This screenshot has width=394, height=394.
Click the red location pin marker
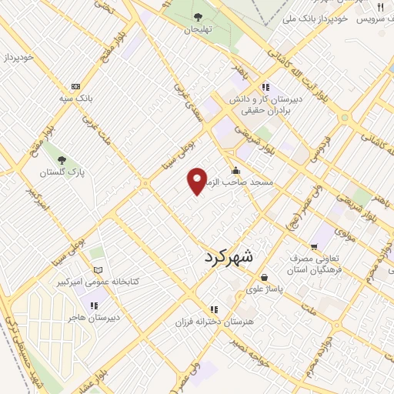tap(197, 181)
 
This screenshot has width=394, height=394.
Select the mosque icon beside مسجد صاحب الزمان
tap(235, 171)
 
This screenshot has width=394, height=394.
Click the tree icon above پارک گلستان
tap(62, 160)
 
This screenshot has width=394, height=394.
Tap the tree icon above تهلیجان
tap(199, 16)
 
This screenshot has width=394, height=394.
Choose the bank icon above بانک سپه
tap(75, 87)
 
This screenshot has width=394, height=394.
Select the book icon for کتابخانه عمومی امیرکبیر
tap(97, 270)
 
